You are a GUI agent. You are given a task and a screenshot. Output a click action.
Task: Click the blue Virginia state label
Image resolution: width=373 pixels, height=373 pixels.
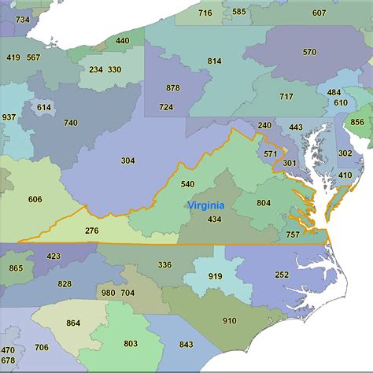[x=205, y=205]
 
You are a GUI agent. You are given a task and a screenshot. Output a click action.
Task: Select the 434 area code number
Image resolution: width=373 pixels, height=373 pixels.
[x=214, y=219]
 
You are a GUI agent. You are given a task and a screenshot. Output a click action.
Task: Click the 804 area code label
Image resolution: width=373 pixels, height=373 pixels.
[x=264, y=203]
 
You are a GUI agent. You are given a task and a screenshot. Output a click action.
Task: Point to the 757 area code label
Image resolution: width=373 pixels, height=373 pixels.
[x=292, y=235]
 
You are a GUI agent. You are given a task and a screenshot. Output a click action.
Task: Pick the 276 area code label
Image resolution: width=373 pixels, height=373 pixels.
[x=92, y=231]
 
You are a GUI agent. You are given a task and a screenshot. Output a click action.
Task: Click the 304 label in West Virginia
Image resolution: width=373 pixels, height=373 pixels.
[x=127, y=161]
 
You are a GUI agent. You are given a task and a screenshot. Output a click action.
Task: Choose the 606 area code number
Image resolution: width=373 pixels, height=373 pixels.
[x=35, y=199]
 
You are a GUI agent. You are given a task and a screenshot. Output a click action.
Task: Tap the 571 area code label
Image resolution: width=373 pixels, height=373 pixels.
[x=270, y=153]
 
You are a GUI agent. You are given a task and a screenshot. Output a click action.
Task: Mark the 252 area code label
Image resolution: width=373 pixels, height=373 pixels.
[x=282, y=275]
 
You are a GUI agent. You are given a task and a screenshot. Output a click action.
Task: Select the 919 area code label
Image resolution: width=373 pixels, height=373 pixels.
[x=215, y=276]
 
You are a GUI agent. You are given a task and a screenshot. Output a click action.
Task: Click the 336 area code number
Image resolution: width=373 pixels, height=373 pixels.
[x=164, y=265]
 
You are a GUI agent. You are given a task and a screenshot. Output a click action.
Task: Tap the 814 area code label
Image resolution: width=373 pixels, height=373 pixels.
[x=214, y=61]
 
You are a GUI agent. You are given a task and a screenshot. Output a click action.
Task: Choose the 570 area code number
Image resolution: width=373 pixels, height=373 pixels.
[x=309, y=52]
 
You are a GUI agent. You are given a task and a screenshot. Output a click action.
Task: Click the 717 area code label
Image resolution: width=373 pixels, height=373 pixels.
[x=286, y=97]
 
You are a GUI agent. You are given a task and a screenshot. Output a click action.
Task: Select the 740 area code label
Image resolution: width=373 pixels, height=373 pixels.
[x=71, y=123]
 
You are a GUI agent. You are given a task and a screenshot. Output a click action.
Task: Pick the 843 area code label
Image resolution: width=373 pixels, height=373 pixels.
[x=186, y=344]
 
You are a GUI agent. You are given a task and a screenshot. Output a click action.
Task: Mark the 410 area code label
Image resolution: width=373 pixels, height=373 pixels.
[x=345, y=175]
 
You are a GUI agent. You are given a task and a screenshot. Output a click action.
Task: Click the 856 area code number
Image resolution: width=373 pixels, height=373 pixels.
[x=356, y=122]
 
